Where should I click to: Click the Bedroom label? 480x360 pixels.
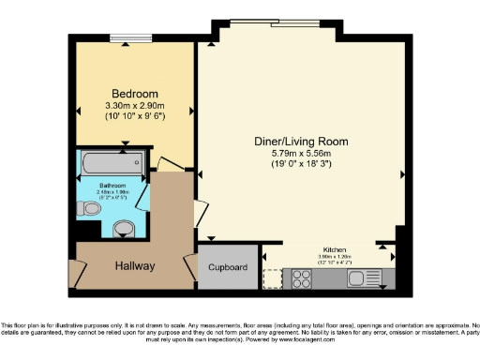point(134,94)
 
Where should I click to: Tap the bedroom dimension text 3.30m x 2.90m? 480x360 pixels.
point(134,106)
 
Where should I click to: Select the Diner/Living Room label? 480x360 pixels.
point(301,142)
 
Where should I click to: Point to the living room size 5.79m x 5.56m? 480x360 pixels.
point(301,153)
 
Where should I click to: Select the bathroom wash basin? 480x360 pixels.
point(122,228)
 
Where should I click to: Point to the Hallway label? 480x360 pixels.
point(135,266)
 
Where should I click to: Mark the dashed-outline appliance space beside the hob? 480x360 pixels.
point(274,277)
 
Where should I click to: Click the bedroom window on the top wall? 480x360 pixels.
point(125,38)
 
